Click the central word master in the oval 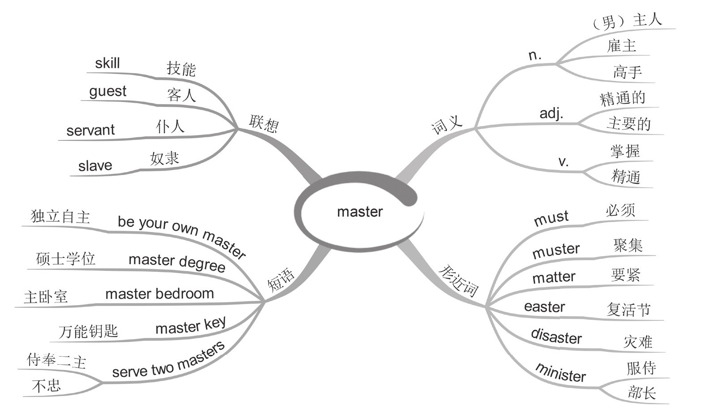(x=360, y=211)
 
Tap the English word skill (x=107, y=63)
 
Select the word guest (x=108, y=92)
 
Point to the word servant (x=91, y=130)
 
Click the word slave (x=95, y=166)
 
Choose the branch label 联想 (x=264, y=123)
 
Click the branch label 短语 (x=281, y=280)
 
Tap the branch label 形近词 (x=458, y=280)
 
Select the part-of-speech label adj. (x=551, y=113)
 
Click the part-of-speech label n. (x=535, y=55)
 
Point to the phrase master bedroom (x=159, y=294)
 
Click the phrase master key (x=191, y=326)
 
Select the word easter (x=544, y=307)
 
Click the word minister (x=561, y=373)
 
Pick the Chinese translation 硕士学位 (x=66, y=259)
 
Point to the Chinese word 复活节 (x=628, y=309)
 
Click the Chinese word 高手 (x=627, y=72)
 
